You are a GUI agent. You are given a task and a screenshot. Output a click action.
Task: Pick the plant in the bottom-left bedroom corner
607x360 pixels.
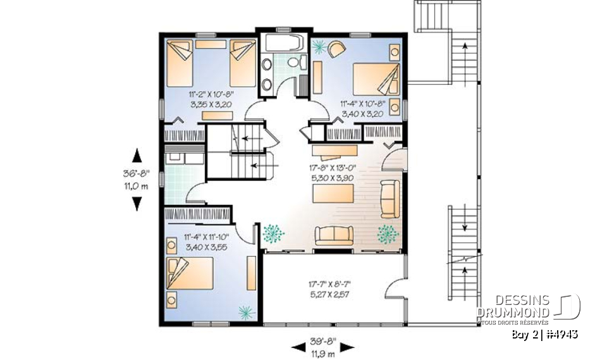coord(244,311)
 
